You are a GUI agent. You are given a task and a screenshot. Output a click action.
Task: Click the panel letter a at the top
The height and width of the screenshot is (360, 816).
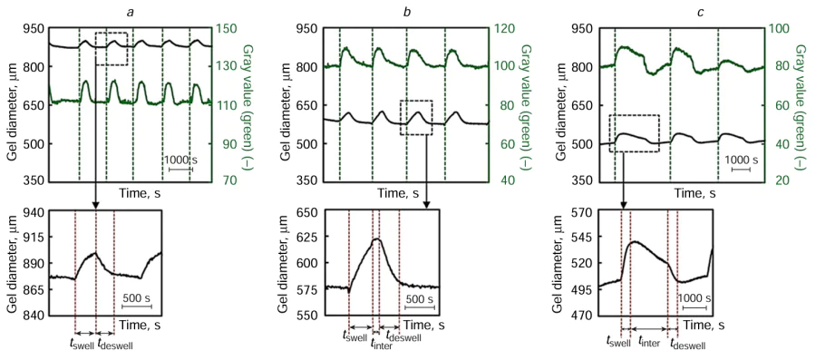coord(131,9)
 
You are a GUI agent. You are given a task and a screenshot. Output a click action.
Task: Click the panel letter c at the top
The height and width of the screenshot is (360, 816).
coord(670,9)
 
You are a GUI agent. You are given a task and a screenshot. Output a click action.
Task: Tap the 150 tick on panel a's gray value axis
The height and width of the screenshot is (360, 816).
coord(234,28)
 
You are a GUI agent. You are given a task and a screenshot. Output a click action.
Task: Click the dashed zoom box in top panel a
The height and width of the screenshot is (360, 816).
coord(112,48)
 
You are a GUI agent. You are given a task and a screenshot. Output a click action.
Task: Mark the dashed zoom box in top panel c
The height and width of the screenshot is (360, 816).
coord(634,132)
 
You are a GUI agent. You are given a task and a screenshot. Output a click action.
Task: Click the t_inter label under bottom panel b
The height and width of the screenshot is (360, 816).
coord(381,344)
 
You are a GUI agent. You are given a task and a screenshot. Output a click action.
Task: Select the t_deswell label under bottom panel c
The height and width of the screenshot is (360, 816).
coord(686,344)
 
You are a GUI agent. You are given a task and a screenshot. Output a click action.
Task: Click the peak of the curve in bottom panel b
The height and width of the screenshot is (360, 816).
coord(376,239)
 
